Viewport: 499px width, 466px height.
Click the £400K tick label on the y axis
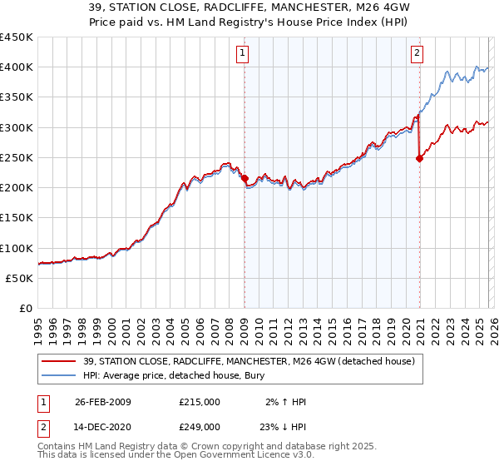(17, 67)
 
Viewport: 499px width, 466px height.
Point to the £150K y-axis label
(17, 218)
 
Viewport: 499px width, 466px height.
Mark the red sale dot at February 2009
(245, 178)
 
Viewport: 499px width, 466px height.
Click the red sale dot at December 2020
(419, 159)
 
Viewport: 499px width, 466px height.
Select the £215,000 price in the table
(200, 402)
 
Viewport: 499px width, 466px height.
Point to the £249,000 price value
(200, 427)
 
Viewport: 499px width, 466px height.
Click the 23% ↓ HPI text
(284, 427)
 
